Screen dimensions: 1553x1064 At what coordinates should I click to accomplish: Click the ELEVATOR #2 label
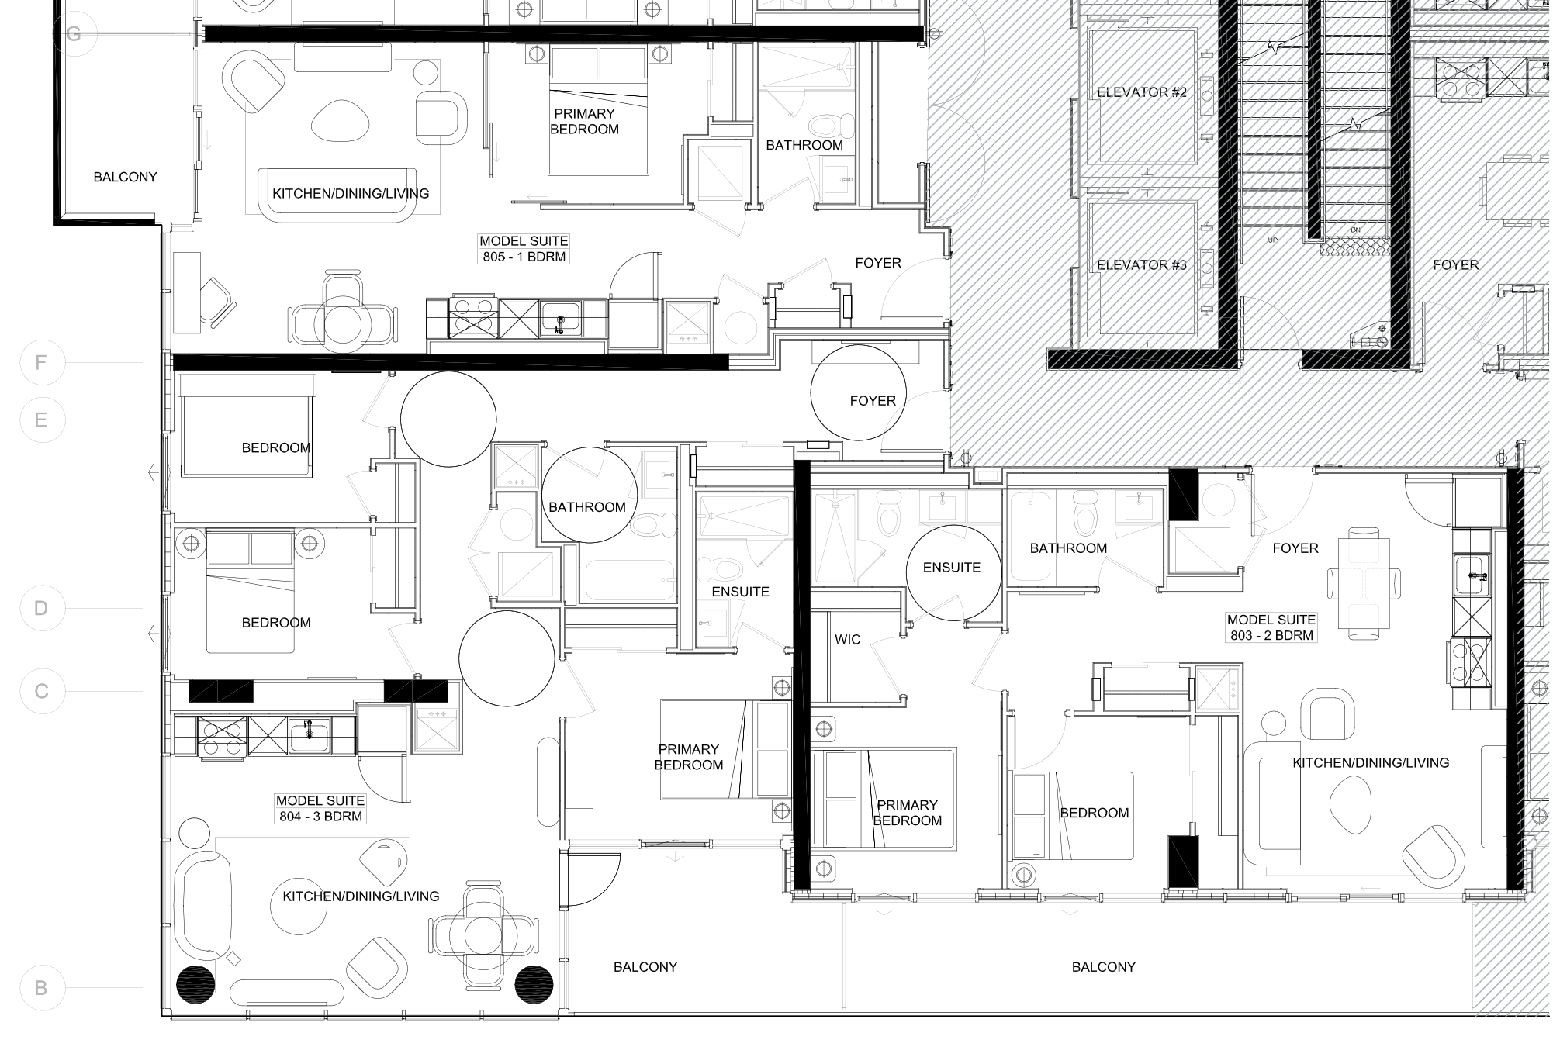click(x=1141, y=92)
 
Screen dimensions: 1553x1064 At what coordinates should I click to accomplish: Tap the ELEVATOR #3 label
click(x=1141, y=265)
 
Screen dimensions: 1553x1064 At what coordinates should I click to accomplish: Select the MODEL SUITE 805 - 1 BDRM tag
click(x=524, y=249)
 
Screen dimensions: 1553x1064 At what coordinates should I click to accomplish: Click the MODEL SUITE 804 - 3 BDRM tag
click(x=320, y=808)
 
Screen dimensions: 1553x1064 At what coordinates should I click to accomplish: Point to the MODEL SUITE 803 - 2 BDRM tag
click(x=1271, y=627)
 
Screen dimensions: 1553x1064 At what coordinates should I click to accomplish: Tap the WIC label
click(x=847, y=640)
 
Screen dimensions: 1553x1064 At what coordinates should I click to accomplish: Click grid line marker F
click(x=41, y=362)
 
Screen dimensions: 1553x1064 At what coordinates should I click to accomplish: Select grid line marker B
click(x=41, y=988)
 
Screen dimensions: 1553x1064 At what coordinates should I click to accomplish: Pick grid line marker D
click(x=41, y=608)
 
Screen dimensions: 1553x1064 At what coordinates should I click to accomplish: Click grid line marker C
click(x=41, y=691)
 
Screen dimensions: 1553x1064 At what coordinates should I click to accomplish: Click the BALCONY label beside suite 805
click(x=125, y=177)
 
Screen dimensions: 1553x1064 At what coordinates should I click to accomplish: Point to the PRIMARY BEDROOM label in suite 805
click(x=584, y=121)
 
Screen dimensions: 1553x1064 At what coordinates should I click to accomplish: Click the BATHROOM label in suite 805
click(x=804, y=145)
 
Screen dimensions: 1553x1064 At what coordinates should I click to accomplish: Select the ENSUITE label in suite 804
click(x=740, y=592)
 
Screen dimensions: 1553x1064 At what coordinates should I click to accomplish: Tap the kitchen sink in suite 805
click(x=560, y=318)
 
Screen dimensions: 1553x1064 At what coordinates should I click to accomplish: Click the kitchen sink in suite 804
click(x=310, y=734)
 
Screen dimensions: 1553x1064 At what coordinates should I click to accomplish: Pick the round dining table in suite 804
click(x=484, y=939)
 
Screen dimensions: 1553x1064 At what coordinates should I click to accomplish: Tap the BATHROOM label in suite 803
click(x=1068, y=548)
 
